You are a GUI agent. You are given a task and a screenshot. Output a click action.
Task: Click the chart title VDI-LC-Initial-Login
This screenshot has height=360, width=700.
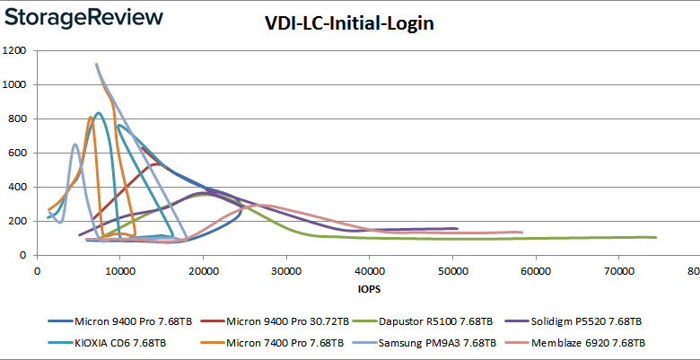pos(350,24)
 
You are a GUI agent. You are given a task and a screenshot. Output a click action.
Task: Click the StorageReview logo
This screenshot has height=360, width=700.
pos(82,17)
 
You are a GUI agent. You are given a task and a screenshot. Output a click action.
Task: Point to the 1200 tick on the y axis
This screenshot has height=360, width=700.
pos(18,51)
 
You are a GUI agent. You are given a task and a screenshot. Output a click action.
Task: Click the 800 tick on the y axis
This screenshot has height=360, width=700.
pos(22,119)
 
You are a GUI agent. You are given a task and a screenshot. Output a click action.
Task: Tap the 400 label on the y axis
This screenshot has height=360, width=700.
pos(22,188)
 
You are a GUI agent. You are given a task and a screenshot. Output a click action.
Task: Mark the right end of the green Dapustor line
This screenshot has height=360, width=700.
pos(656,237)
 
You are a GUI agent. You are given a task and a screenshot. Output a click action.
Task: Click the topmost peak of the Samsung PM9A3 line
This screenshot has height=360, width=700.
pos(96,65)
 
